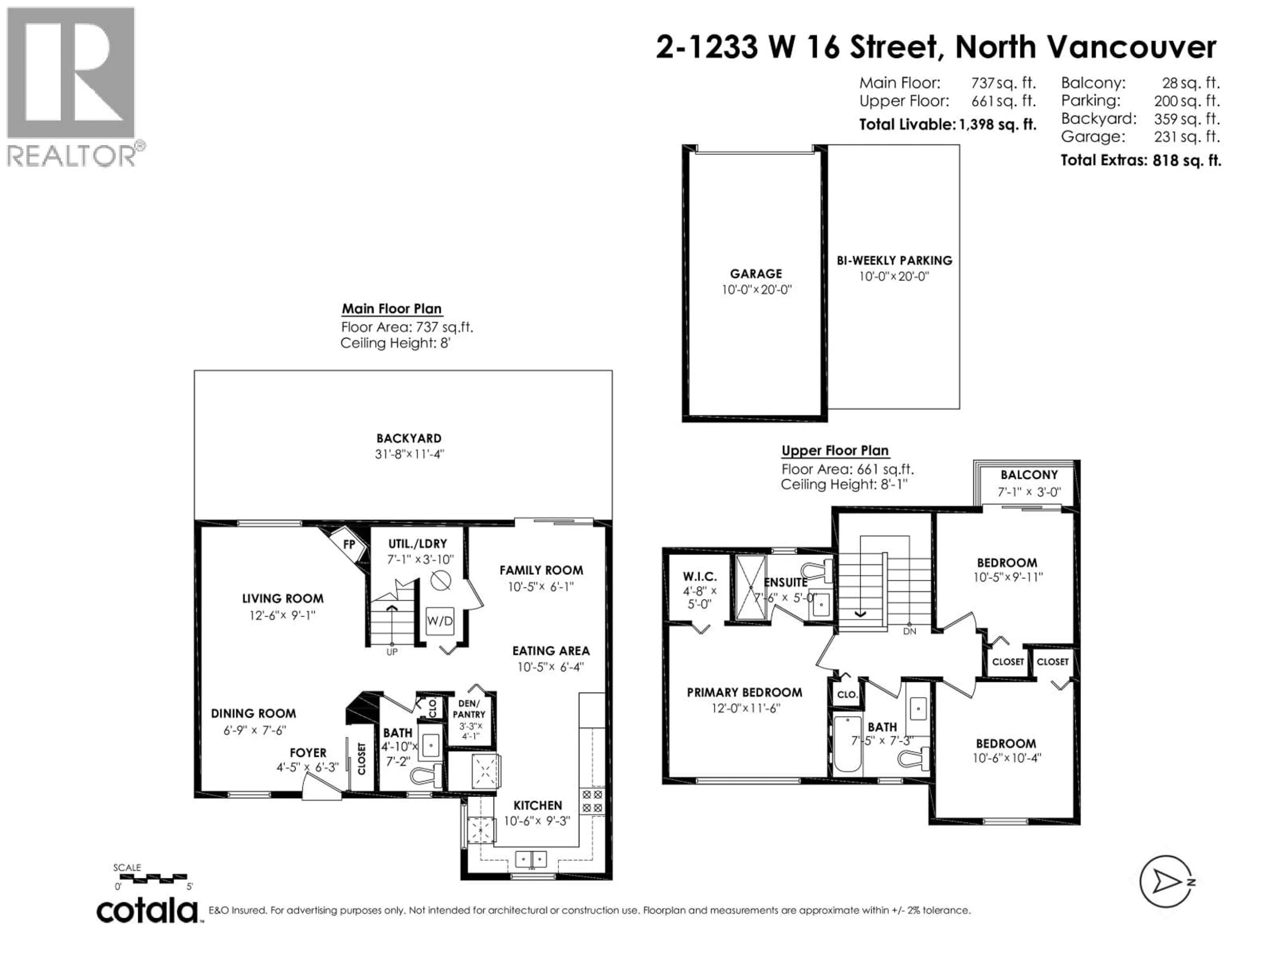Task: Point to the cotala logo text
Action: pos(147,912)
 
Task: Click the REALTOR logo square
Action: pos(71,73)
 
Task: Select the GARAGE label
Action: pos(756,274)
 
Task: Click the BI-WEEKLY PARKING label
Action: pos(894,261)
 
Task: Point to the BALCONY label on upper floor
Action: pos(1029,475)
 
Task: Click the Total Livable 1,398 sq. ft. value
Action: pos(997,124)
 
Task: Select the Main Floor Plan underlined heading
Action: pos(391,309)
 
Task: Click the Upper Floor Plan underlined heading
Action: pos(835,451)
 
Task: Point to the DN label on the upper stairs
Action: pos(909,631)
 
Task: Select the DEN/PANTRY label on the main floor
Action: pos(468,709)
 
